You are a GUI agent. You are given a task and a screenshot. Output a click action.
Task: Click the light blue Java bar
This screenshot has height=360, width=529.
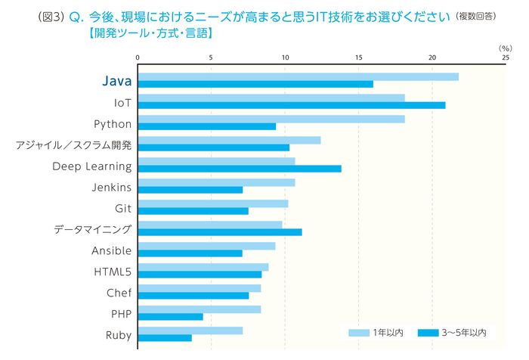[x=298, y=76]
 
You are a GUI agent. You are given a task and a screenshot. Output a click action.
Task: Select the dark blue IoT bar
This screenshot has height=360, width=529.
[x=291, y=105]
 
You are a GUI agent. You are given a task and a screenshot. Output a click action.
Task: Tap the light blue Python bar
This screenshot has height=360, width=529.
[x=271, y=119]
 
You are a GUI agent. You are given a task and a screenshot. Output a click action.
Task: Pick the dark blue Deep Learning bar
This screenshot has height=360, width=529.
[x=239, y=169]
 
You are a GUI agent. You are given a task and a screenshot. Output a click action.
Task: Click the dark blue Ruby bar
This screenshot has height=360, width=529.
[x=164, y=338]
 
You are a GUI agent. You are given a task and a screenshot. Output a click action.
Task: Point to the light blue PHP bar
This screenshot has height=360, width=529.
[x=199, y=309]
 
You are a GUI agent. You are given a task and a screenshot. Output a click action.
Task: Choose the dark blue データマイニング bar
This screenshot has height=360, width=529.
[x=219, y=232]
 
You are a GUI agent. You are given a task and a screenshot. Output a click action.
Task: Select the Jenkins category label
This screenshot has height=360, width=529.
[x=112, y=187]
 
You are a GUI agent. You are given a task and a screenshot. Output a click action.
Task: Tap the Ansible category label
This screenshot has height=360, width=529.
[x=111, y=250]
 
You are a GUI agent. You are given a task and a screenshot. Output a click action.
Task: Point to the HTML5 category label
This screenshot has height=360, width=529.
[x=113, y=272]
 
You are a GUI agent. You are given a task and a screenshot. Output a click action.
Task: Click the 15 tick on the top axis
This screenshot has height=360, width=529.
[x=359, y=57]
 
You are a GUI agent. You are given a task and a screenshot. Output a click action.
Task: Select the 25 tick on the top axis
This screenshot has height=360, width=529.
[x=505, y=57]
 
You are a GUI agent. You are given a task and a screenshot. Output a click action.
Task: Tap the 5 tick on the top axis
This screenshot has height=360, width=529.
[x=211, y=57]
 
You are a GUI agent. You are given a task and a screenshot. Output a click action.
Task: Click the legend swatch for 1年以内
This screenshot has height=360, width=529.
[x=358, y=333]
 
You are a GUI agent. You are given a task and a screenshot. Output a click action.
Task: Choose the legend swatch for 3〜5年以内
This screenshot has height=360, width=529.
[x=428, y=333]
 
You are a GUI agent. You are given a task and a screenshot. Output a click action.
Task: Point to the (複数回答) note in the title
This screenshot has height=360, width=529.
[x=481, y=16]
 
